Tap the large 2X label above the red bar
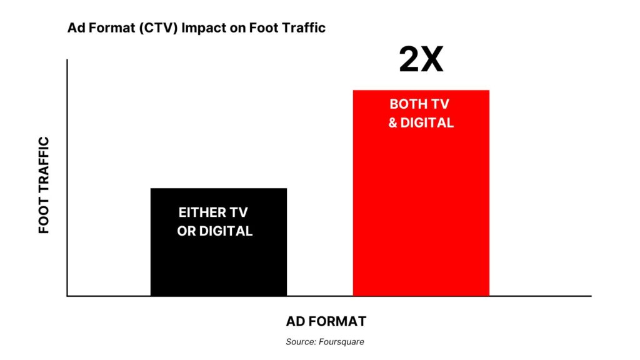(x=421, y=61)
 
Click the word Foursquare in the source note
(x=343, y=342)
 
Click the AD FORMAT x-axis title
(x=326, y=321)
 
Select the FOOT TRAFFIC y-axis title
(x=44, y=185)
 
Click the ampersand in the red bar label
(x=392, y=122)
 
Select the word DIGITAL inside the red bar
(x=427, y=122)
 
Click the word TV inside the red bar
(x=441, y=104)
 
